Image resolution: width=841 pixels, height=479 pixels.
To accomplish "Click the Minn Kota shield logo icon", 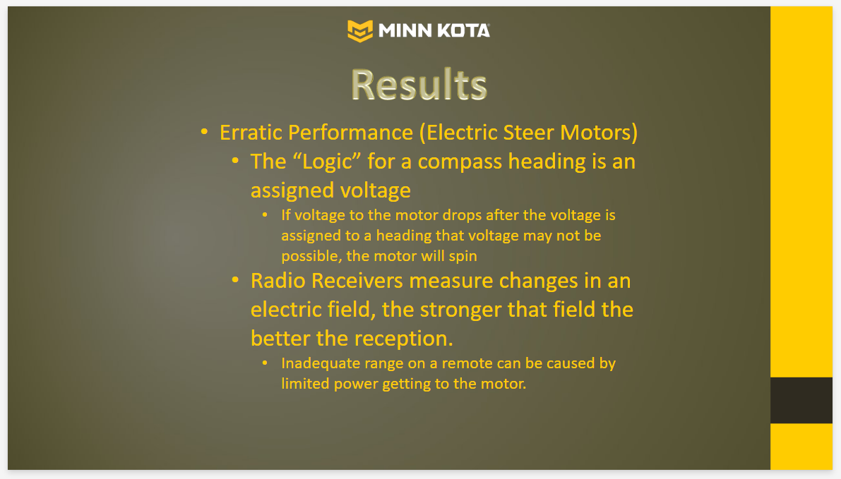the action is (x=360, y=30).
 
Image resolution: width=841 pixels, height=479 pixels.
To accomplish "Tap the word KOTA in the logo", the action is (x=463, y=30).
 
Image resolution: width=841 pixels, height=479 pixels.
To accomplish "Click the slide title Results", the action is (x=419, y=85).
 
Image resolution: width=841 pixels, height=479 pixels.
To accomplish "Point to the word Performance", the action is (x=350, y=133).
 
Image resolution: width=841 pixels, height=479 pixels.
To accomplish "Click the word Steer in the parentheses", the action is (x=529, y=133).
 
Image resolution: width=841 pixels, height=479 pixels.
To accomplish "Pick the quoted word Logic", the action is (x=327, y=162).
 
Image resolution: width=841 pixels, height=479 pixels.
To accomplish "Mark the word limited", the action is (x=304, y=384).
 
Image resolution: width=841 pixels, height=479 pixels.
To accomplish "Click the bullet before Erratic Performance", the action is (x=204, y=132).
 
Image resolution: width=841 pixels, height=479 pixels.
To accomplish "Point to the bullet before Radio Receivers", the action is (x=235, y=280).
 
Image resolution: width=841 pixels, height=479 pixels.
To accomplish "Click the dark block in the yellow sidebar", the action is (x=801, y=400).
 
